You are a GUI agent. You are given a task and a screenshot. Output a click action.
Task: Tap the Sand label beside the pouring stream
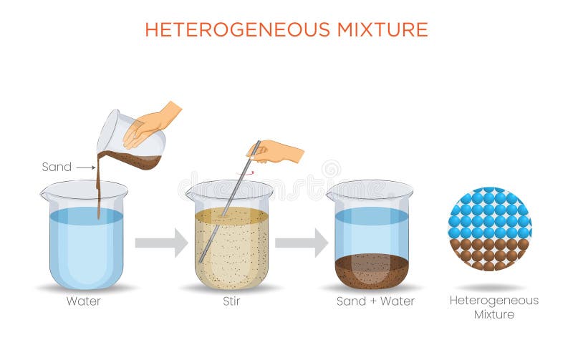[x=57, y=167]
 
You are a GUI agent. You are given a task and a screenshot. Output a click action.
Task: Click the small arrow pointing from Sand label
[x=85, y=167]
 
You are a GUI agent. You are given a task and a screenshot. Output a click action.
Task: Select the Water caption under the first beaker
[x=84, y=301]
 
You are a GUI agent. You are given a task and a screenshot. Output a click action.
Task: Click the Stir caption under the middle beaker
[x=231, y=301]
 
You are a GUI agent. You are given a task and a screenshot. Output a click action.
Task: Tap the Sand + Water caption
[x=375, y=301]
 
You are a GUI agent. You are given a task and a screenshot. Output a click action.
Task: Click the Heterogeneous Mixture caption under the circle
[x=493, y=307]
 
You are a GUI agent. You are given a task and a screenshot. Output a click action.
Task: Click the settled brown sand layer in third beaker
[x=372, y=271]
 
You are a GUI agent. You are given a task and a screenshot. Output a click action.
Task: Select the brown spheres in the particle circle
[x=490, y=254]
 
